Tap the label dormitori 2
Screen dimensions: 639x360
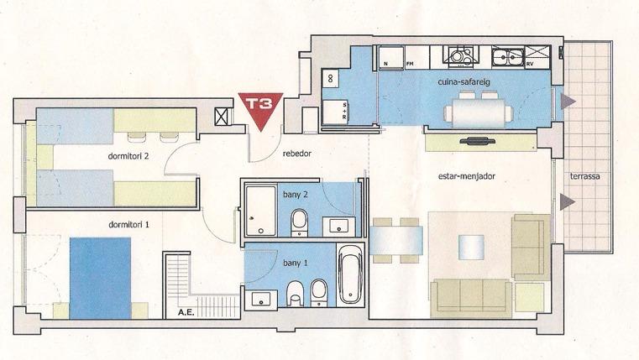point(128,156)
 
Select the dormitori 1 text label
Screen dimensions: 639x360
point(128,224)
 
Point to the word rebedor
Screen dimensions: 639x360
point(297,154)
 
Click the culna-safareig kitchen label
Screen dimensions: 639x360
point(464,82)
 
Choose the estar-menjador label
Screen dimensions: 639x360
point(467,176)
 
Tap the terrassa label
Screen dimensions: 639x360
point(584,177)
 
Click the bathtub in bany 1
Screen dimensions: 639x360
point(350,274)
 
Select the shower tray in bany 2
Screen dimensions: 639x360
point(261,211)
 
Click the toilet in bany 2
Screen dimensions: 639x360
point(299,222)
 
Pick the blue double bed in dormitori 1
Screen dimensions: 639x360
point(100,278)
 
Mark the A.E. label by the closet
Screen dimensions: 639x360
point(186,313)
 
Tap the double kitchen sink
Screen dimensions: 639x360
point(508,56)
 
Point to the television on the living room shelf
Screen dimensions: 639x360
point(477,141)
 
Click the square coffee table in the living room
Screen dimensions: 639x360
point(471,248)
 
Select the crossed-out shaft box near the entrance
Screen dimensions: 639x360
point(221,117)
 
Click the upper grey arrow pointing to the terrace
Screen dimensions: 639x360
point(568,102)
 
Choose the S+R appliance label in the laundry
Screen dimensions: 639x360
point(345,111)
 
